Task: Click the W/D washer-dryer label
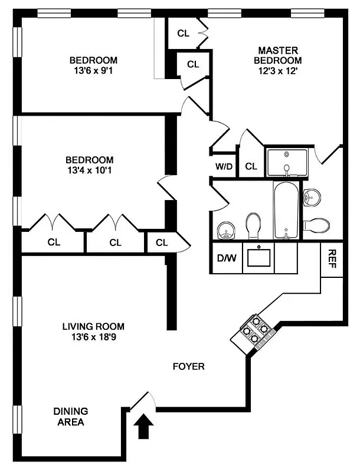click(224, 167)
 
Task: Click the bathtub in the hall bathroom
click(286, 210)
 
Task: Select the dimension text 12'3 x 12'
click(277, 70)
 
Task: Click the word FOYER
click(188, 366)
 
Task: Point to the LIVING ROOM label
click(94, 326)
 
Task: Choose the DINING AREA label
click(71, 417)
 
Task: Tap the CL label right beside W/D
click(251, 167)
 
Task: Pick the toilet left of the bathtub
click(253, 225)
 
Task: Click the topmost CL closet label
click(183, 33)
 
